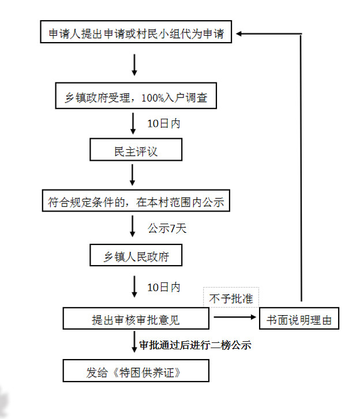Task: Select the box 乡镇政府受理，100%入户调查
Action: [x=136, y=99]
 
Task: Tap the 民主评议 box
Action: [x=136, y=152]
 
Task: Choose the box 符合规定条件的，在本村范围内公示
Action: [x=136, y=202]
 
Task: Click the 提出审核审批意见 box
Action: [x=136, y=319]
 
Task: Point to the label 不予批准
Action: [x=231, y=299]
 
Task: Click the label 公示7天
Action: [x=167, y=228]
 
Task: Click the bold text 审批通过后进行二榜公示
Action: [x=195, y=345]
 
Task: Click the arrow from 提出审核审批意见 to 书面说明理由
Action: [x=234, y=316]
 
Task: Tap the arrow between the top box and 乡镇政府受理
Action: [x=134, y=65]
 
